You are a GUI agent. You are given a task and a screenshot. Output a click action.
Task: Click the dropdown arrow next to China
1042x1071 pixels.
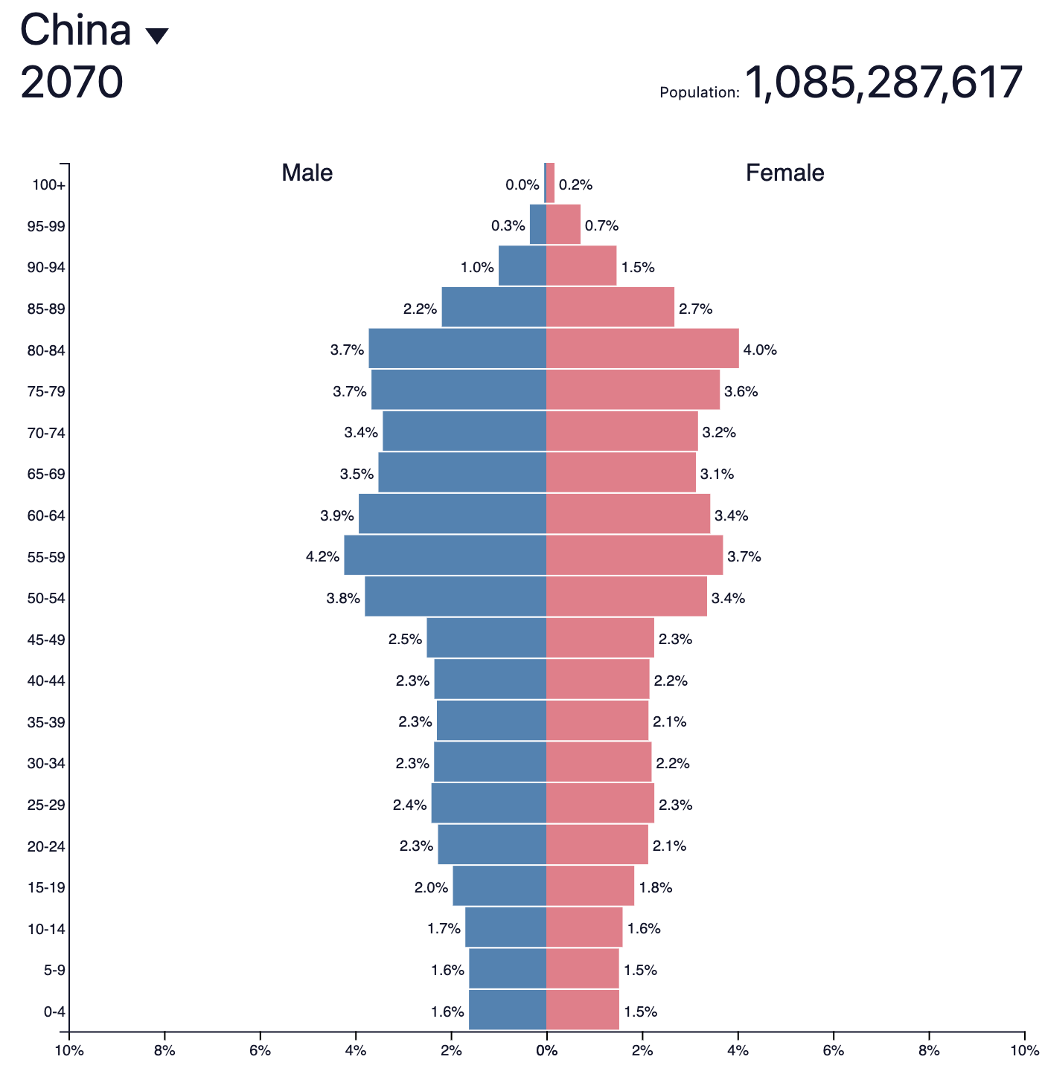tap(157, 36)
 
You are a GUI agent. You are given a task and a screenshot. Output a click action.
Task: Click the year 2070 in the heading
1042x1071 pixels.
tap(71, 83)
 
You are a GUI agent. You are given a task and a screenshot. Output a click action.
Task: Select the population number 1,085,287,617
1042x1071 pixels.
tap(883, 83)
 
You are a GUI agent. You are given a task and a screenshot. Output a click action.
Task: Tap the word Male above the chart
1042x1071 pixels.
tap(307, 173)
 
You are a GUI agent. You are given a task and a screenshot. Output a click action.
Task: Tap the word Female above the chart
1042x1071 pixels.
tap(784, 173)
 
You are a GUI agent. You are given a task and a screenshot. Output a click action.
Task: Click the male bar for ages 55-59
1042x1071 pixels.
tap(445, 556)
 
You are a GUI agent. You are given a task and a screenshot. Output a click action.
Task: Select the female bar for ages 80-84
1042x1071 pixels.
tap(642, 348)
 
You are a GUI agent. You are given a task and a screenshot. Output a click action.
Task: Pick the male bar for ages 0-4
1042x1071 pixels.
tap(508, 1010)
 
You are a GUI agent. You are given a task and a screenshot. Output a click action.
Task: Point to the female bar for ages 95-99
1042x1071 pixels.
tap(563, 225)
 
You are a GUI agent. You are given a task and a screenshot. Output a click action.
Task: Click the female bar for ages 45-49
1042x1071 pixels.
tap(600, 638)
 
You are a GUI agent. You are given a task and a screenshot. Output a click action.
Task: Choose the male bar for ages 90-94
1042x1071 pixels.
tap(522, 266)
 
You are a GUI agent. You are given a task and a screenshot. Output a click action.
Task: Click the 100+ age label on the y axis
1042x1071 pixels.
tap(48, 185)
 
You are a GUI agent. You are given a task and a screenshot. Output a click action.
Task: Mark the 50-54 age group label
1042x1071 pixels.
tap(46, 599)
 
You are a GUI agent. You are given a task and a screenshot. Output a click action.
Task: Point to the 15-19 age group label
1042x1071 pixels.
tap(46, 888)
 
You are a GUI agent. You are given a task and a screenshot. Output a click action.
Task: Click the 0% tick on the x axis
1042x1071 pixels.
tap(547, 1050)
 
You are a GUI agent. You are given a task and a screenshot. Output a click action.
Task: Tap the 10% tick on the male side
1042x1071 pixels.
tap(69, 1050)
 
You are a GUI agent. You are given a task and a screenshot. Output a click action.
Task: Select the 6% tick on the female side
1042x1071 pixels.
tap(833, 1050)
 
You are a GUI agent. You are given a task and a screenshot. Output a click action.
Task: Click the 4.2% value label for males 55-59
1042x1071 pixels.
tap(322, 557)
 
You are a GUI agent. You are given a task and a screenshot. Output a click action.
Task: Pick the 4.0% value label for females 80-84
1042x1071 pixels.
tap(760, 350)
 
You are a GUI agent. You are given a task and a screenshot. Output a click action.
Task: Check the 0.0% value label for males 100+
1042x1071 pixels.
tap(522, 185)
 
